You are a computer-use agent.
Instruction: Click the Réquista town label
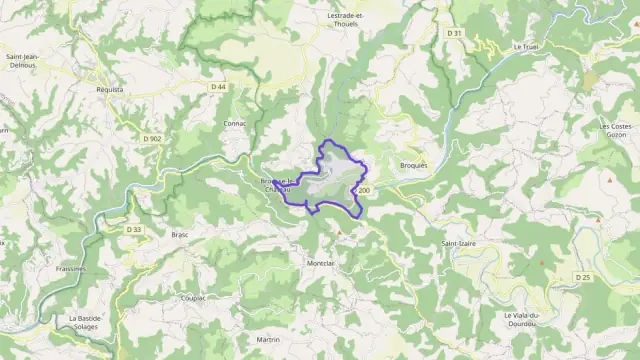tap(104, 89)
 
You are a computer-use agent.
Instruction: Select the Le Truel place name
tap(525, 46)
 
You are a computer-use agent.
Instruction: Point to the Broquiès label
tap(412, 165)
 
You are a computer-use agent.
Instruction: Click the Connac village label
tap(235, 123)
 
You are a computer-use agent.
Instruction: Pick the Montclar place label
tap(320, 263)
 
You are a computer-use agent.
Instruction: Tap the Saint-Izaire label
tap(458, 243)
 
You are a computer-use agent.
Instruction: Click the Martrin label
tap(268, 340)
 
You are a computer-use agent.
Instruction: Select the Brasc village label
tap(180, 234)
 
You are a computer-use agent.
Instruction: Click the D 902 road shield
tap(152, 138)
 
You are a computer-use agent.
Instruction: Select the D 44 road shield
tap(219, 87)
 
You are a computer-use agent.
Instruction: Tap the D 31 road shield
tap(455, 33)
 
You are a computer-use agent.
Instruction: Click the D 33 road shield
tap(135, 229)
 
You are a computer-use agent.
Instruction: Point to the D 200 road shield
tap(361, 190)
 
